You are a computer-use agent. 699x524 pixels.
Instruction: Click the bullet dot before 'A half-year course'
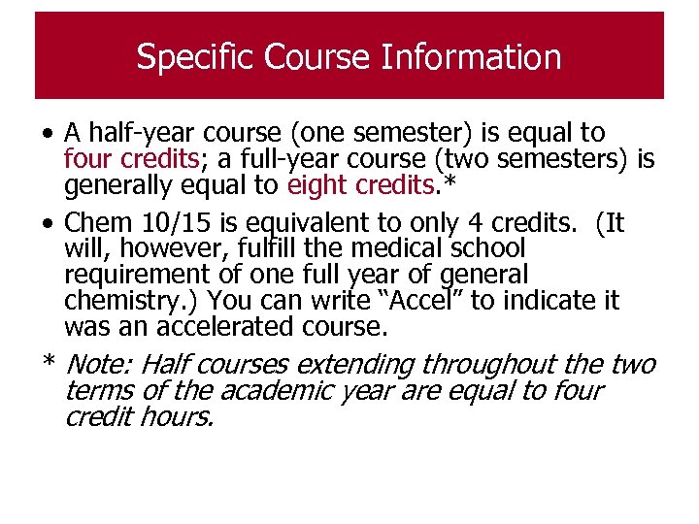click(48, 133)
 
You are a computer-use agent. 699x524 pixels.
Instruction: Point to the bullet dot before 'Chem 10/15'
click(48, 224)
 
